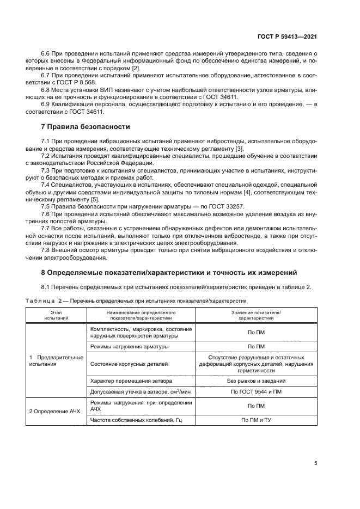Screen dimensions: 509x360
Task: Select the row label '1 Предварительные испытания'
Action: coord(56,360)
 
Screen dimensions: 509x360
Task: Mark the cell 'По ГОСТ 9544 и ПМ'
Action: coord(256,392)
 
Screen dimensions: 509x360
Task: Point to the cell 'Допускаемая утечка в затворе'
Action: coord(139,392)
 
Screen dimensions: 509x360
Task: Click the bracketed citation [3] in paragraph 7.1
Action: coord(240,149)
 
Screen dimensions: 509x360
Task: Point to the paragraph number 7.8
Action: coord(47,251)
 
